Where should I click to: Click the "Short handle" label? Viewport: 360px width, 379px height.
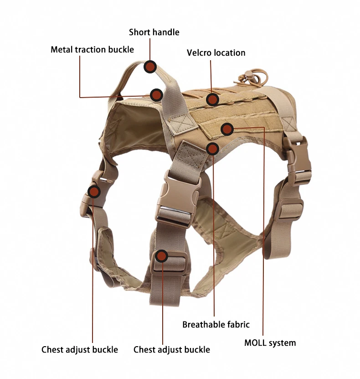154,32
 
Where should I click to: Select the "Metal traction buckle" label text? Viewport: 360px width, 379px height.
92,49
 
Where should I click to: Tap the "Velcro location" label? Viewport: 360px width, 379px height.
216,53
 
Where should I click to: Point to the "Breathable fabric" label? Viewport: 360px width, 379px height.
216,325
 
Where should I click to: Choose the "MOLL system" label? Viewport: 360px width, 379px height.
270,343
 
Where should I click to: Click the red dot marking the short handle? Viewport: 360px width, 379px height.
151,67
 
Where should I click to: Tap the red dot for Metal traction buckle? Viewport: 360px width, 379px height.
156,95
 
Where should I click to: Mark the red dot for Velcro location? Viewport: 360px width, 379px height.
212,99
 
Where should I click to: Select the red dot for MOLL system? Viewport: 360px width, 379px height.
227,130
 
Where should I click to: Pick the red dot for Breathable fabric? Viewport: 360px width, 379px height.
212,148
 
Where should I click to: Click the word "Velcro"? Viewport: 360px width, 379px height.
199,53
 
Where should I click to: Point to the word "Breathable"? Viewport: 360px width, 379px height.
204,325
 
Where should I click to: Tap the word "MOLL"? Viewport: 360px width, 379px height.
255,343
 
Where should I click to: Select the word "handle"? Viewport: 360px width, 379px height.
165,32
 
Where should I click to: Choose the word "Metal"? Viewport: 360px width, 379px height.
62,49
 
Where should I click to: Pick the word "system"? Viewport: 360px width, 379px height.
282,343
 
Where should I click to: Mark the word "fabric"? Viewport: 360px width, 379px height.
238,325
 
